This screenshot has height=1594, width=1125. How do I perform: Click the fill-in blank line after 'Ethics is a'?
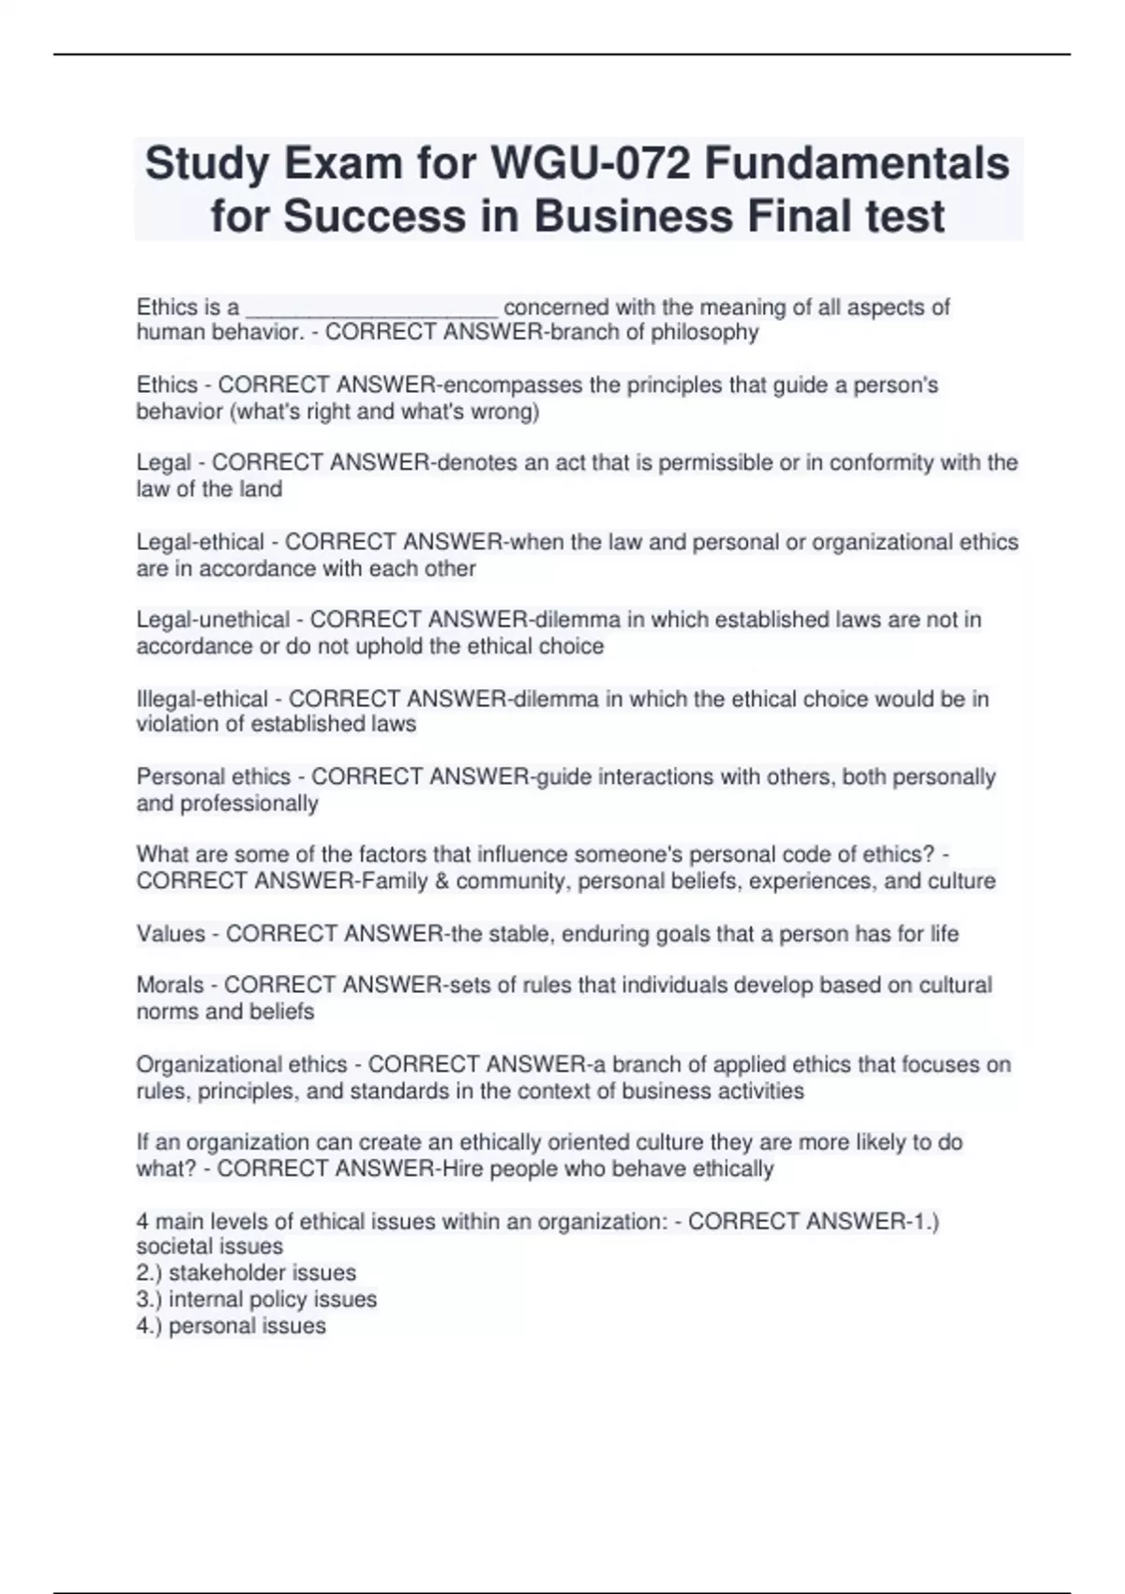371,309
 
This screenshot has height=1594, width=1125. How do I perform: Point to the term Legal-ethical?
200,542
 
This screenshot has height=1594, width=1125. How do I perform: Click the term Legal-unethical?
213,620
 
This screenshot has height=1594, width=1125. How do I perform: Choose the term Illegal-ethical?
202,699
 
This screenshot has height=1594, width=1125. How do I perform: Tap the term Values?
171,934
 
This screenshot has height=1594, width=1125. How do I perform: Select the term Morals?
170,985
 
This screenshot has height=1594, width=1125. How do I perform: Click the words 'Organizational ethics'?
242,1064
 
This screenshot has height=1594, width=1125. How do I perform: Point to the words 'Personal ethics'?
214,776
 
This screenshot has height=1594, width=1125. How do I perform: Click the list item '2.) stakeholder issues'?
246,1272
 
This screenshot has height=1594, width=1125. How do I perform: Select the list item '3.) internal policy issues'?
256,1299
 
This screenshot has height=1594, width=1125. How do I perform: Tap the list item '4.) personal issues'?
231,1326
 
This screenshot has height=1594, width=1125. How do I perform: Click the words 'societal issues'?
209,1246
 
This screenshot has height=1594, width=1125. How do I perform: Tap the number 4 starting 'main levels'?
142,1221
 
